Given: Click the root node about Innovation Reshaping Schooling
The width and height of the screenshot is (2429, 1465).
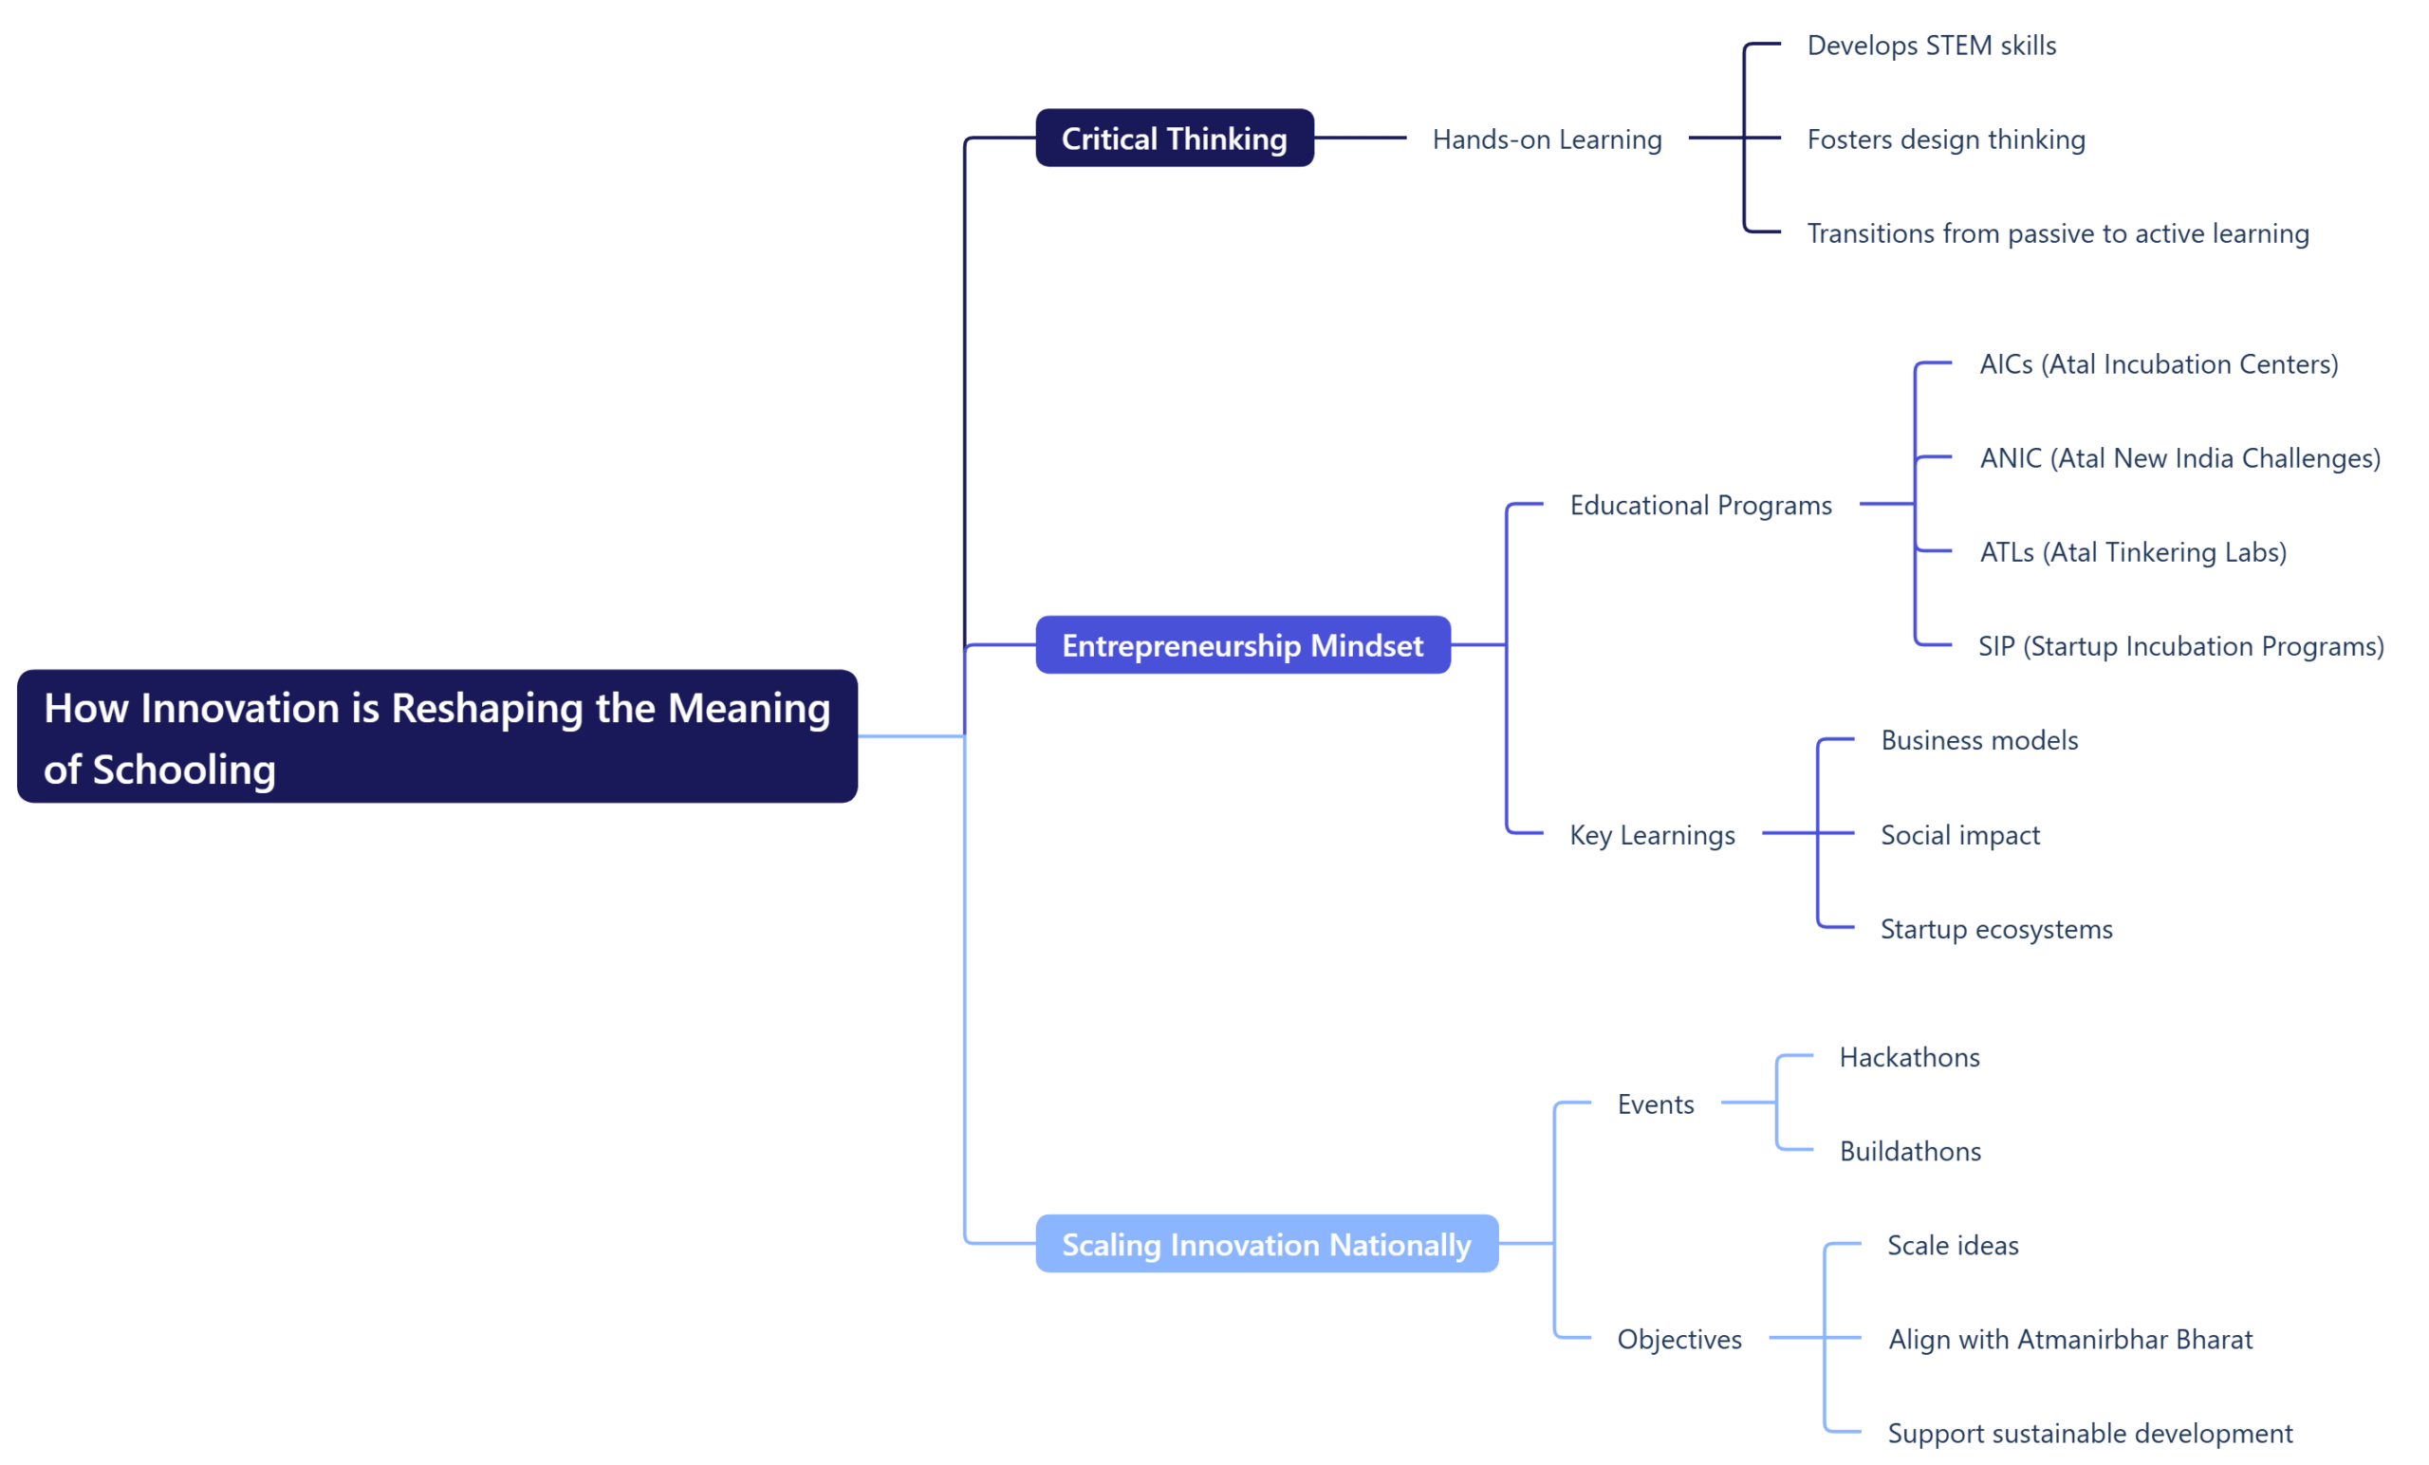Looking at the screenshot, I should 436,736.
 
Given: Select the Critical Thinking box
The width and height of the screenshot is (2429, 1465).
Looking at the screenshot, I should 1174,138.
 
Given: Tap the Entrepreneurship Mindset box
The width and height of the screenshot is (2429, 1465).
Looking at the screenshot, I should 1242,645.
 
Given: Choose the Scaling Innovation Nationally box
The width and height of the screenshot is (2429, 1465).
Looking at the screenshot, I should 1266,1243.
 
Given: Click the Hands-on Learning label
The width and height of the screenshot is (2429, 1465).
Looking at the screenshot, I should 1547,139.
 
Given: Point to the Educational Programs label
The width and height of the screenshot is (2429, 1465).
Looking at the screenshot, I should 1700,505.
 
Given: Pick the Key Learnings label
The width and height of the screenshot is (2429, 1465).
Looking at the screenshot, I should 1652,835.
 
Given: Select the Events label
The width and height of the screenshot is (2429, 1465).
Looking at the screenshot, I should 1655,1104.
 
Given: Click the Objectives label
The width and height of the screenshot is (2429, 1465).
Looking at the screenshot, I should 1678,1339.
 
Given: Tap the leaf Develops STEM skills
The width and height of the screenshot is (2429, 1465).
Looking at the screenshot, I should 1931,46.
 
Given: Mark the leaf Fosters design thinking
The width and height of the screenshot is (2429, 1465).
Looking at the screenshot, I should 1946,139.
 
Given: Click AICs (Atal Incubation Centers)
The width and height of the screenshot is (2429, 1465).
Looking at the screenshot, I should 2158,363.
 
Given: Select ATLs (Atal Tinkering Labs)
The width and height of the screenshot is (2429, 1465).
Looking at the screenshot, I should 2132,552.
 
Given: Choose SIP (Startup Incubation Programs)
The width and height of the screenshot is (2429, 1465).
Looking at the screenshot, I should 2180,646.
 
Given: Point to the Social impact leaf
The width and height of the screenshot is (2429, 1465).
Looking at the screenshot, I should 1959,835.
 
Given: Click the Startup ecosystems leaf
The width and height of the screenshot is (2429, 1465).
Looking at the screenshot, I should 1996,929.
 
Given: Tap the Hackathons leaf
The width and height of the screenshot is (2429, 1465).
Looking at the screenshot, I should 1909,1057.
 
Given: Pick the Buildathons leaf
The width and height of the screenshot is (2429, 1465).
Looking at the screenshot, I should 1909,1151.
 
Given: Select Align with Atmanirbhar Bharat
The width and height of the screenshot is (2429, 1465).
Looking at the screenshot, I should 2070,1339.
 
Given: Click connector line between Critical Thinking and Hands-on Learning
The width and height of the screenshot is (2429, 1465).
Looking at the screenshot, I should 1361,138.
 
